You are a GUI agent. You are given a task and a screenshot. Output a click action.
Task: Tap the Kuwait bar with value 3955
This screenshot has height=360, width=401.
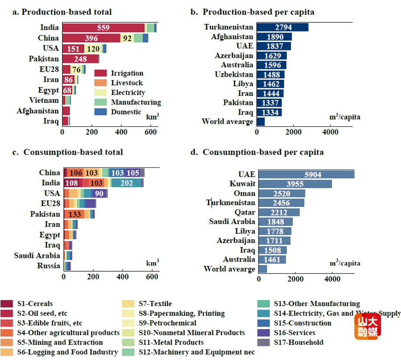click(295, 184)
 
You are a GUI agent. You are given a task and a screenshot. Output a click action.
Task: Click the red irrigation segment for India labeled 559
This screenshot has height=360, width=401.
click(103, 28)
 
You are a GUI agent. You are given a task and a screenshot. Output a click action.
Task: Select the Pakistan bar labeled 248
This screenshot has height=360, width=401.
click(81, 59)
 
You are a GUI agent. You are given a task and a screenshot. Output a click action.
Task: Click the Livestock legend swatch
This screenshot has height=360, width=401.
click(101, 83)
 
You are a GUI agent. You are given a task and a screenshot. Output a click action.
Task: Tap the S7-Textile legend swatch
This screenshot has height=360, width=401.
click(128, 304)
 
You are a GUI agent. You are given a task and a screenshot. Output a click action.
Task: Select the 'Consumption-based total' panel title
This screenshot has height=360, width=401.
click(73, 152)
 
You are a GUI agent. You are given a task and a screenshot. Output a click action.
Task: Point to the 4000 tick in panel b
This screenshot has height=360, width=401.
click(330, 132)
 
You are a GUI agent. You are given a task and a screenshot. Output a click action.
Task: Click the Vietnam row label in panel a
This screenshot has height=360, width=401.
click(44, 100)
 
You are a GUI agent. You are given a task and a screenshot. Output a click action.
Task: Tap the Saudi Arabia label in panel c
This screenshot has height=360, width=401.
click(37, 256)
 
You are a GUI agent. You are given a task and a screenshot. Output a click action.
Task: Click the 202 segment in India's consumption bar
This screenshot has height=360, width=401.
click(126, 183)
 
